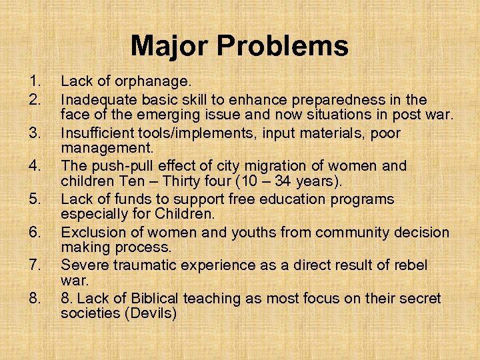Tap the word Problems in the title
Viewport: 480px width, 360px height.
(x=283, y=46)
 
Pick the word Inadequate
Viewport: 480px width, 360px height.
(x=98, y=99)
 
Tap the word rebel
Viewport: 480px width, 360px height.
(x=411, y=265)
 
